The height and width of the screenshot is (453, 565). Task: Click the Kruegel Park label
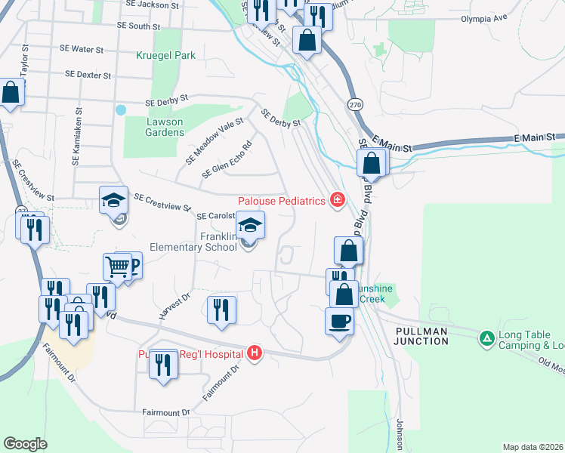click(x=166, y=55)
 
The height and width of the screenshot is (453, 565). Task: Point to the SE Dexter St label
click(x=88, y=75)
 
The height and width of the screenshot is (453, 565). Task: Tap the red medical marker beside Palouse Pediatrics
click(x=338, y=200)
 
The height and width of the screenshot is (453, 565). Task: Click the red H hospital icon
click(x=255, y=353)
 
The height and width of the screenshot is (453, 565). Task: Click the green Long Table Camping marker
click(x=487, y=336)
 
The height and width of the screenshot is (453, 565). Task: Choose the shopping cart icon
click(x=117, y=266)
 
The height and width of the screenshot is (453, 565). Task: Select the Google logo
click(x=26, y=444)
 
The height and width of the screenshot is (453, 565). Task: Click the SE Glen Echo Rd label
click(x=226, y=161)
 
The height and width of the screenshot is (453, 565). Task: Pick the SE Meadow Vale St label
click(x=215, y=140)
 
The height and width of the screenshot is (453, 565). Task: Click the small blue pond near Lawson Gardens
click(x=121, y=109)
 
